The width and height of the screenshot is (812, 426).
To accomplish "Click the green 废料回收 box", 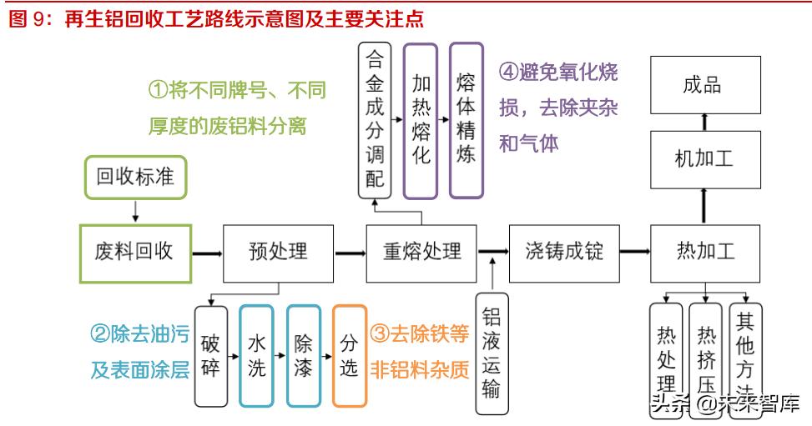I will tap(135, 251).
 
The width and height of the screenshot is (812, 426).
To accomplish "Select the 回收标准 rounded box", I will tap(135, 177).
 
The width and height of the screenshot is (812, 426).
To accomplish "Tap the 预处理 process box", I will tap(278, 251).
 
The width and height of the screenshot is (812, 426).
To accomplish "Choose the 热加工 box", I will tap(705, 251).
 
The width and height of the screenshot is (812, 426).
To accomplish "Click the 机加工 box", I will tap(705, 158).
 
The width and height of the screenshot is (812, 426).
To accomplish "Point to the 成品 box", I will tap(705, 85).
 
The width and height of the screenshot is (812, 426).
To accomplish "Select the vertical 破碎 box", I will tap(211, 355).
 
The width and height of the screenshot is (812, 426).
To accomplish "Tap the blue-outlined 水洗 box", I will tap(256, 355).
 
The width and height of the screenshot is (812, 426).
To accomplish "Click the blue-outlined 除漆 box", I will tap(303, 355).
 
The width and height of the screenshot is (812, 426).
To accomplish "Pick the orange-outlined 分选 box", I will tap(349, 355).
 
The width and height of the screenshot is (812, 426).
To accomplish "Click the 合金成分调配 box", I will tap(376, 120).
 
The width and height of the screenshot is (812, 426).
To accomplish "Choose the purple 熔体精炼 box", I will tap(467, 120).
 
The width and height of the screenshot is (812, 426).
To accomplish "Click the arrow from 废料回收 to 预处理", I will tap(207, 251).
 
